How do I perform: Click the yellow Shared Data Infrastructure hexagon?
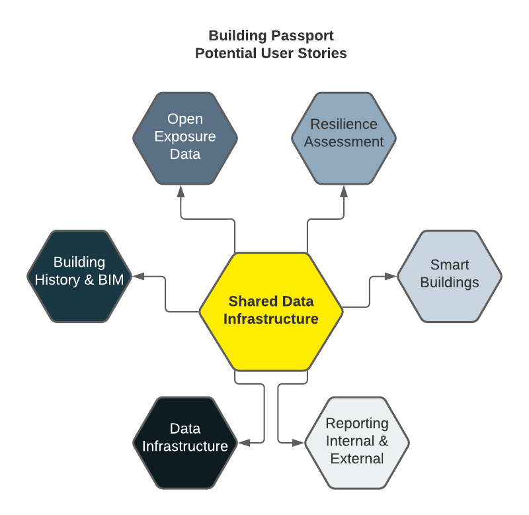click(271, 312)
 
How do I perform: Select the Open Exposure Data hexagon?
click(185, 138)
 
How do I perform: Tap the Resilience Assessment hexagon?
click(344, 138)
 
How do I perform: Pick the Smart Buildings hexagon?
click(450, 276)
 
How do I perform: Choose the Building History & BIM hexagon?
click(79, 276)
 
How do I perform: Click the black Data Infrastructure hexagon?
click(185, 443)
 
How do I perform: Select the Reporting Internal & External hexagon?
click(357, 443)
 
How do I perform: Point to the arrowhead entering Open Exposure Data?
click(181, 191)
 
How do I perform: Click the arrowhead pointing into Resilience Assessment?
click(344, 191)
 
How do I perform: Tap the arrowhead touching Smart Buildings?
click(391, 276)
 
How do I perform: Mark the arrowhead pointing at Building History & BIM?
click(138, 276)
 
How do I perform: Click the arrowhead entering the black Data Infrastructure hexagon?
click(244, 443)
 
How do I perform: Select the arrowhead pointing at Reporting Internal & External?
click(298, 443)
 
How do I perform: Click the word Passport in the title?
click(302, 36)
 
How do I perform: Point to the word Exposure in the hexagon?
click(185, 137)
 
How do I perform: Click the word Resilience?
click(344, 124)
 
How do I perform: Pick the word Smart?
click(450, 265)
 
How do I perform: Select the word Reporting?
click(357, 424)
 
